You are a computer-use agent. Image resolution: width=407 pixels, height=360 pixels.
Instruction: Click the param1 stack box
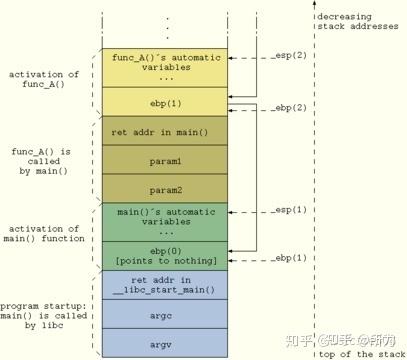tap(165, 159)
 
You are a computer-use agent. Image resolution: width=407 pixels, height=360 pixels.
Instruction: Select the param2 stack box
tap(165, 187)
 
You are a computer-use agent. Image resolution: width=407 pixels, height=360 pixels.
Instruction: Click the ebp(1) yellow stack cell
tap(165, 101)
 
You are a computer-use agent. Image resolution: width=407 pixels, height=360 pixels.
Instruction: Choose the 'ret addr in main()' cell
tap(165, 131)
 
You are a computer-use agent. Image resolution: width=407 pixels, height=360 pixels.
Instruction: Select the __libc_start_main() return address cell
tap(165, 285)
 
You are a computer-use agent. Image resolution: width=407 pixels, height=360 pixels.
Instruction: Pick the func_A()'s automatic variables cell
tap(165, 65)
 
